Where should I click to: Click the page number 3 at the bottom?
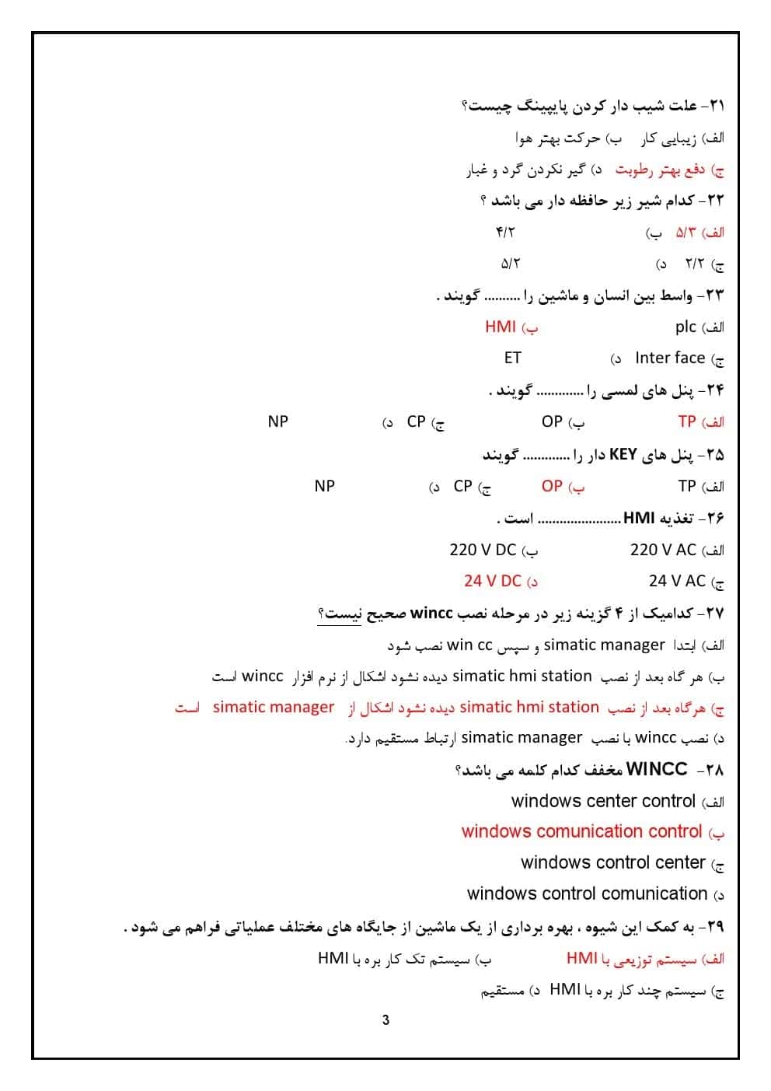[x=385, y=1020]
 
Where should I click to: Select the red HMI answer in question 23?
[x=501, y=327]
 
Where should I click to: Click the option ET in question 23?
[x=512, y=358]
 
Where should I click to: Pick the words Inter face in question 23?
[x=669, y=358]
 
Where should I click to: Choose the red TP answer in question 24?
[x=687, y=421]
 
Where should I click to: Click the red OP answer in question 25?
[x=552, y=486]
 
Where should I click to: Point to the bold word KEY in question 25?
[x=623, y=454]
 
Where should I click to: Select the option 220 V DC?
[x=483, y=550]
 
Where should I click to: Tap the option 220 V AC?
[x=663, y=550]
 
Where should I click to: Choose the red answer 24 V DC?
[x=493, y=581]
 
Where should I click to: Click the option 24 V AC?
[x=677, y=581]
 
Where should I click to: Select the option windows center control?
[x=603, y=801]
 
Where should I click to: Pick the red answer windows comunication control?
[x=581, y=831]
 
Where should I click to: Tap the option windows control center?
[x=612, y=862]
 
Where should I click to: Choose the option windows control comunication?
[x=587, y=893]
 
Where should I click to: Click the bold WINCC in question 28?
[x=657, y=769]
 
